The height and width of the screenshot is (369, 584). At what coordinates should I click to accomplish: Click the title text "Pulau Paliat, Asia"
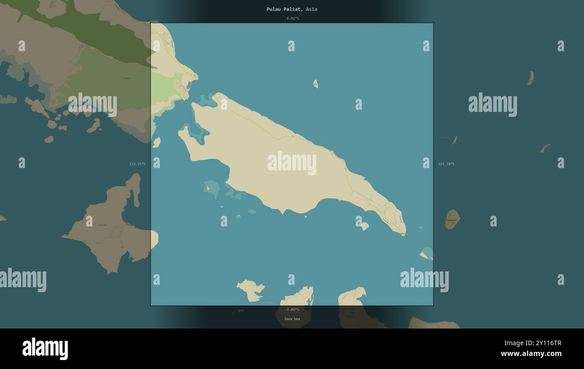[x=292, y=9]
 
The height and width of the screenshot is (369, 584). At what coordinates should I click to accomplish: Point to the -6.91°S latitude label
[x=292, y=18]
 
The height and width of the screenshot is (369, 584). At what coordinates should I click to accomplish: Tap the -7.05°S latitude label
[x=292, y=310]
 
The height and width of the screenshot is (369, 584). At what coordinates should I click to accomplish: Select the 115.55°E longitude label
[x=137, y=164]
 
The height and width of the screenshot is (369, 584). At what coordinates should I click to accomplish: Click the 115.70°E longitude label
[x=446, y=164]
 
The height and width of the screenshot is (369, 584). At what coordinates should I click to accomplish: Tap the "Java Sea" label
[x=292, y=319]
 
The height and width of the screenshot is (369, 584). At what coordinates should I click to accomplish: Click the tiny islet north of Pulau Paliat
[x=316, y=84]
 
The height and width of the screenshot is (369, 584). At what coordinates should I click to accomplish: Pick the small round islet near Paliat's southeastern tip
[x=364, y=226]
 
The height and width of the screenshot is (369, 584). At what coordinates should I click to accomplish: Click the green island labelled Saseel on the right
[x=452, y=219]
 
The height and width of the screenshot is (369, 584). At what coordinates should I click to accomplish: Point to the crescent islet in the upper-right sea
[x=531, y=78]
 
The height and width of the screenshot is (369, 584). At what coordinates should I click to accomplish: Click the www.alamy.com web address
[x=531, y=354]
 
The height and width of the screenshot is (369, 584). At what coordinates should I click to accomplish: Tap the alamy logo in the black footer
[x=45, y=349]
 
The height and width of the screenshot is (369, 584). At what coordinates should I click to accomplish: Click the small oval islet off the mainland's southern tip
[x=156, y=142]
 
